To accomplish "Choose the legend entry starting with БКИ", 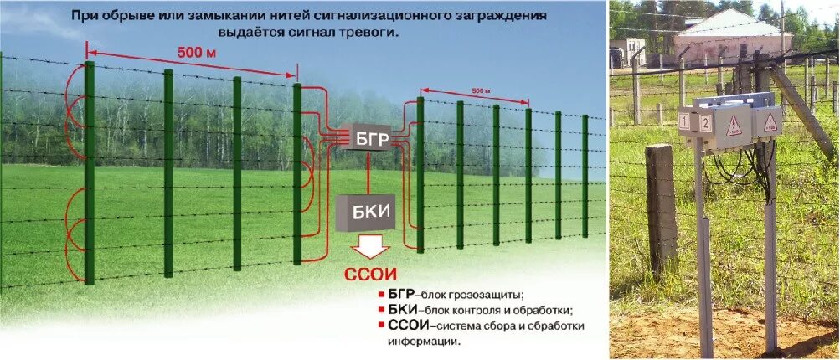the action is pyautogui.click(x=478, y=310).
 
